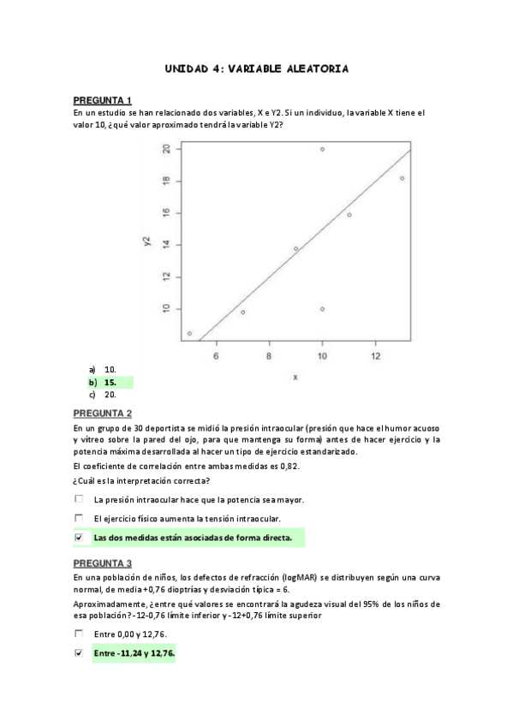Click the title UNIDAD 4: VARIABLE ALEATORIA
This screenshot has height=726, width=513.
click(x=256, y=68)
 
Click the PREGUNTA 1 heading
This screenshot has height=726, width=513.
click(x=102, y=100)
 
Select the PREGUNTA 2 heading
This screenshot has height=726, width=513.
click(x=102, y=413)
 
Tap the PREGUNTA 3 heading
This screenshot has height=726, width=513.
click(x=102, y=563)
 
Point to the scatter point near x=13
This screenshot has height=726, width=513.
click(x=402, y=178)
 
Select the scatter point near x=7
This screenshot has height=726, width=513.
click(x=242, y=312)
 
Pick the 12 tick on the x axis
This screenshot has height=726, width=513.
click(x=375, y=356)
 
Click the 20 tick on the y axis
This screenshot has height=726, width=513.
click(x=166, y=149)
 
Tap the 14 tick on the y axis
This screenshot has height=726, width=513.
click(x=166, y=245)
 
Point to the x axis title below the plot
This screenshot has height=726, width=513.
click(x=295, y=377)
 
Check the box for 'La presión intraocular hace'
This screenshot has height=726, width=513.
click(x=79, y=499)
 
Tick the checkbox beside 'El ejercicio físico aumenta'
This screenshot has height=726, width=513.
click(x=79, y=518)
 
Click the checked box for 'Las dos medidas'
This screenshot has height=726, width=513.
click(x=79, y=538)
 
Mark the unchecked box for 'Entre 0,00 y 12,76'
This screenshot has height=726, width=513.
click(x=79, y=634)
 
